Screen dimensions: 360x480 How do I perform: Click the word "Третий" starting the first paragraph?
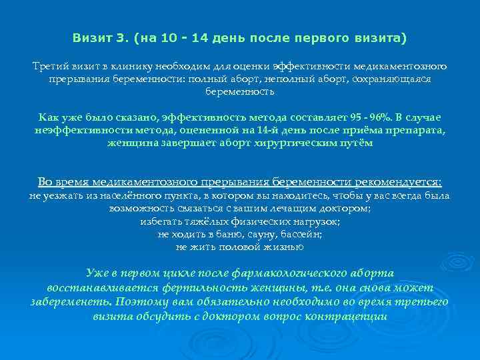coord(51,67)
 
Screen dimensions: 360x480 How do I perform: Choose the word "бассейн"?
coord(301,234)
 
